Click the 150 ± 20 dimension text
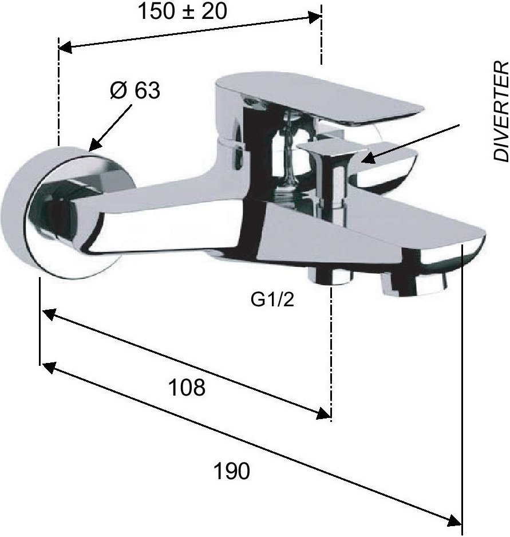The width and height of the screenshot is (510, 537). click(x=182, y=11)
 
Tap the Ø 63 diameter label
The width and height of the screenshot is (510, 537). click(x=135, y=90)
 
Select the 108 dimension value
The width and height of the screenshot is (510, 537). click(x=187, y=387)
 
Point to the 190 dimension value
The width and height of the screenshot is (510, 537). click(x=232, y=471)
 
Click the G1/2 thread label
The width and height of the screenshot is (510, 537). click(x=272, y=300)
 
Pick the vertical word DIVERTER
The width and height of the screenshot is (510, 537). click(x=501, y=111)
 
